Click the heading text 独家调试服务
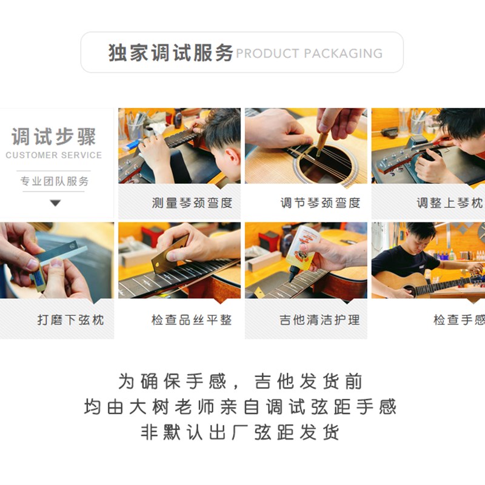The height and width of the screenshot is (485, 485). pyautogui.click(x=171, y=53)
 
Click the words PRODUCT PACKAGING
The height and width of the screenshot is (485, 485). pyautogui.click(x=309, y=53)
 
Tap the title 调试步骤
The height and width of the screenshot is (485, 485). pyautogui.click(x=54, y=136)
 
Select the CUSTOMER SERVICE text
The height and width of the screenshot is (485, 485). pyautogui.click(x=54, y=155)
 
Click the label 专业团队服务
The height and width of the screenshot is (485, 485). pyautogui.click(x=54, y=181)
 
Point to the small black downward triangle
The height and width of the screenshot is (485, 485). pyautogui.click(x=55, y=202)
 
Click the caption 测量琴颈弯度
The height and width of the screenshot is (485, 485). pyautogui.click(x=192, y=203)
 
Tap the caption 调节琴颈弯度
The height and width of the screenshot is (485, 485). pyautogui.click(x=320, y=203)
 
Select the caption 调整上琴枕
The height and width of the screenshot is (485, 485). pyautogui.click(x=449, y=203)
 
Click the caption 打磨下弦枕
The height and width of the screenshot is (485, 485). pyautogui.click(x=70, y=319)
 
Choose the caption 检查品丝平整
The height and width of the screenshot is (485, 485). pyautogui.click(x=192, y=319)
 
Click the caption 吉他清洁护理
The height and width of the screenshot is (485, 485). pyautogui.click(x=320, y=319)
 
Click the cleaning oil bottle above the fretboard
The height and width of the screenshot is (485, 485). pyautogui.click(x=301, y=247)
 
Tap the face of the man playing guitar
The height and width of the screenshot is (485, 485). pyautogui.click(x=418, y=238)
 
